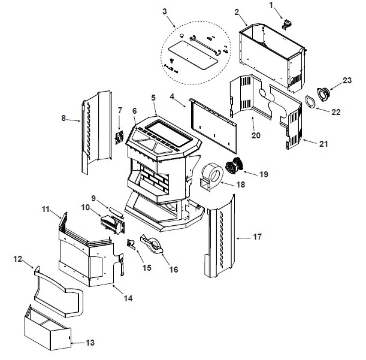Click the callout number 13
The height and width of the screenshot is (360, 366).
pos(90,343)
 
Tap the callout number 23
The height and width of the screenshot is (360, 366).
pos(347,80)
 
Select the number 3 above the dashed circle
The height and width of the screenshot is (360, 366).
pos(165,11)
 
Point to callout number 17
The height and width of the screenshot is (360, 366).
pos(257,237)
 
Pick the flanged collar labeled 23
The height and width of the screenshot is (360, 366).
pos(324,94)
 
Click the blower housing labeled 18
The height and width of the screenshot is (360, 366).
pos(211,177)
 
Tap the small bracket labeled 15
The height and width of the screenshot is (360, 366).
pos(131,244)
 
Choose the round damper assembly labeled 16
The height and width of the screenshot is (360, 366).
pos(152,245)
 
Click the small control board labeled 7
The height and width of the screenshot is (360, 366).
pos(119,138)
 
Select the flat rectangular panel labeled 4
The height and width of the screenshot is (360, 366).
pos(213,126)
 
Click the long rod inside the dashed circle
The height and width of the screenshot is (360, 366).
pos(206,45)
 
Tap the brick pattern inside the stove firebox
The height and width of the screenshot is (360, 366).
pos(154,179)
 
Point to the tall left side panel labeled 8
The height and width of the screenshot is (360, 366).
pos(96,132)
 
